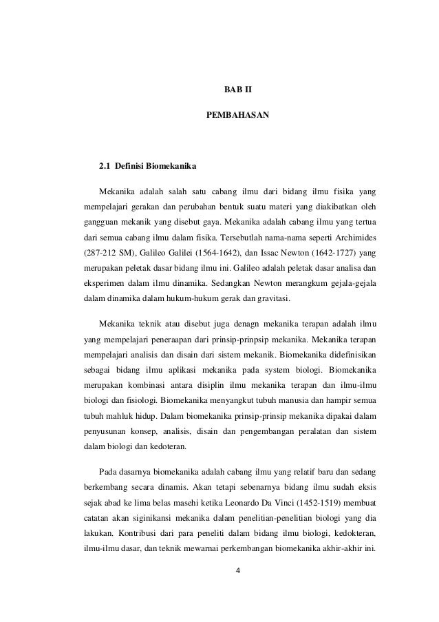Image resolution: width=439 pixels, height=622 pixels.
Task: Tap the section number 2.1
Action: tap(105, 167)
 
